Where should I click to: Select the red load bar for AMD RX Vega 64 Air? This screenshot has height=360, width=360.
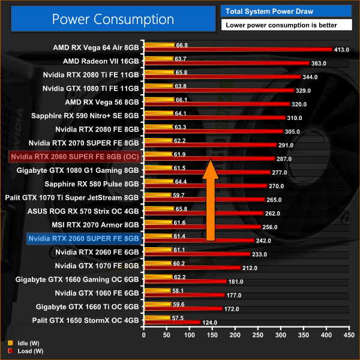[x=238, y=49]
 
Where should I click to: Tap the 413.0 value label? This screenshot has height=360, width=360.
[x=341, y=49]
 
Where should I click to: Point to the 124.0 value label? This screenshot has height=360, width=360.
[x=210, y=323]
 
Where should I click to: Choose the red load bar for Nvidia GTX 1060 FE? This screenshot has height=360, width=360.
[x=185, y=295]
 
